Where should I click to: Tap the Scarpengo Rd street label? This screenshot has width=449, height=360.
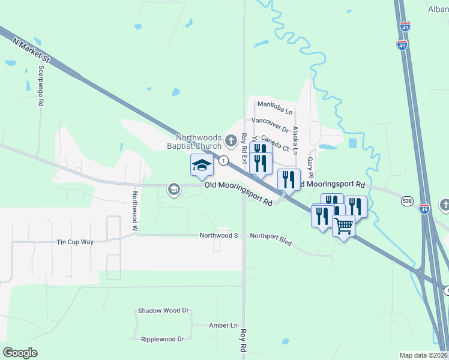(x=41, y=86)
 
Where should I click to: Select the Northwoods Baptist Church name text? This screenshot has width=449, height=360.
(x=194, y=141)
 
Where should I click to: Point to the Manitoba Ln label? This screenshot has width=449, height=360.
(x=275, y=107)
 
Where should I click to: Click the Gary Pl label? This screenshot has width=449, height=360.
(x=310, y=167)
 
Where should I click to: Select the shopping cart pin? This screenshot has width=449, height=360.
(x=343, y=226)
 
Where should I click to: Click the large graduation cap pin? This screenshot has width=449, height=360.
(x=202, y=165)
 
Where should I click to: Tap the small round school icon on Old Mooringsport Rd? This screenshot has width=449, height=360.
(x=174, y=190)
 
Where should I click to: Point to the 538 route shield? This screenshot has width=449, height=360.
(x=408, y=203)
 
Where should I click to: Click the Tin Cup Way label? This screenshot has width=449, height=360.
(x=75, y=242)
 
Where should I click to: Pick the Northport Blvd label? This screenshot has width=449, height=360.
(x=271, y=239)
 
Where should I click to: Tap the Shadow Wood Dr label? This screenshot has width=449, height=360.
(x=163, y=311)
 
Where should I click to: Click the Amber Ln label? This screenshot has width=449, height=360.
(x=223, y=325)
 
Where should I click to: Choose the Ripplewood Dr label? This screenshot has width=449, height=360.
(x=162, y=339)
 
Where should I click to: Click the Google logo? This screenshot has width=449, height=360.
(x=20, y=353)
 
